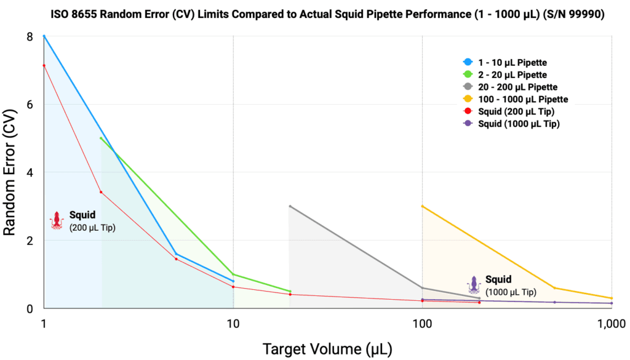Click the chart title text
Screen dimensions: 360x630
click(x=314, y=14)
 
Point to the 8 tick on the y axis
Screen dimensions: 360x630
click(x=29, y=36)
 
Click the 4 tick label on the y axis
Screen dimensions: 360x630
click(x=29, y=172)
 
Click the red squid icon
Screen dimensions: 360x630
click(x=57, y=220)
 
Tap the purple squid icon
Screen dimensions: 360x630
click(x=473, y=284)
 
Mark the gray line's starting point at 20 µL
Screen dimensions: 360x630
click(x=290, y=206)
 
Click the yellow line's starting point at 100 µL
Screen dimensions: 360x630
click(x=422, y=206)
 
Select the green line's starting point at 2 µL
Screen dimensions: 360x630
click(x=101, y=138)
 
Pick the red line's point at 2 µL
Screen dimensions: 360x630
click(x=101, y=192)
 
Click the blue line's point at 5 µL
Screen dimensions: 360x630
click(x=176, y=254)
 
